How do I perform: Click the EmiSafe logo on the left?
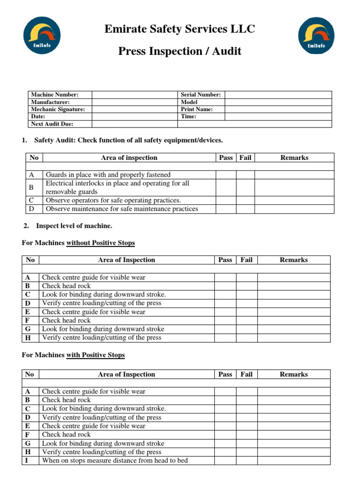point(42,35)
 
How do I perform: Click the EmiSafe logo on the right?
point(317,35)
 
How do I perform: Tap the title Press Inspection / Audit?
point(180,51)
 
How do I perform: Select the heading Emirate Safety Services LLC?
point(180,29)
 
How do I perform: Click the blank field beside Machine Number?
point(135,95)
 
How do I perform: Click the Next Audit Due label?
point(52,124)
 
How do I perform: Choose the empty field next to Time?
point(278,117)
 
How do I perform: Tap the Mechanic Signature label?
point(58,109)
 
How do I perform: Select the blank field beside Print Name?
point(278,109)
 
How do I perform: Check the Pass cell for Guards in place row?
point(225,175)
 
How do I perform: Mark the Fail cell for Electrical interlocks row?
point(245,187)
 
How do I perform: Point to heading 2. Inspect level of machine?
point(68,226)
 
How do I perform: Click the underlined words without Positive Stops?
point(101,243)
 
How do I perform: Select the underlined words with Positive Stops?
point(96,355)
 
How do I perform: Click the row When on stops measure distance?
point(115,461)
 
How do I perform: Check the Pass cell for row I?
point(225,461)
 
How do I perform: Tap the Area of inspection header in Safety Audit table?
point(129,158)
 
